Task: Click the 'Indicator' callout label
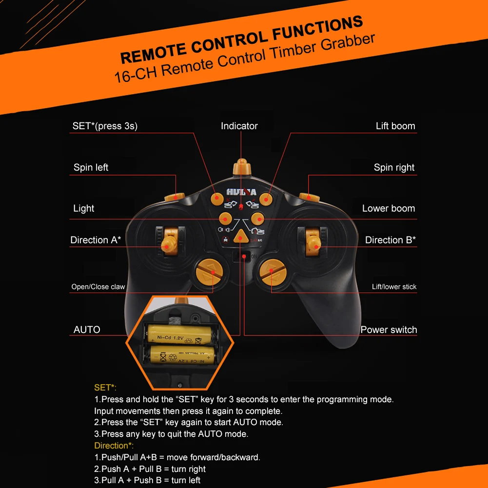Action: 239,126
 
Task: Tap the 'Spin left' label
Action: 91,167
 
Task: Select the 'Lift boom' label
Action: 395,126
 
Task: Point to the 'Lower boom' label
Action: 388,208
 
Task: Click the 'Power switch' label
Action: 389,330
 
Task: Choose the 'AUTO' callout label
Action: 87,330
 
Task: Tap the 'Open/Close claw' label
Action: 98,287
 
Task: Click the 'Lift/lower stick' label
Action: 394,287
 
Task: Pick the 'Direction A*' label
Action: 96,240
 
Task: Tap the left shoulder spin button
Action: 174,196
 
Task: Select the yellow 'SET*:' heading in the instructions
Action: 105,388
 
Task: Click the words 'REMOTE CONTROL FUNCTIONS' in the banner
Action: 241,39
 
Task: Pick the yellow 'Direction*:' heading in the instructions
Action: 114,446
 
